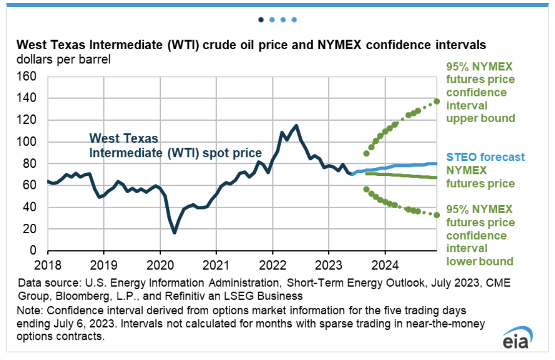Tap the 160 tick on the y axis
pos(27,77)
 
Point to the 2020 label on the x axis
pos(160,264)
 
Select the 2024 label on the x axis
pos(385,264)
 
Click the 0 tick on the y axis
pos(33,250)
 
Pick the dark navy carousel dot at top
pos(261,20)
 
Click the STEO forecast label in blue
pos(486,157)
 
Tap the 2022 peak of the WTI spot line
pos(296,126)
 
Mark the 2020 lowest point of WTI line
pos(174,232)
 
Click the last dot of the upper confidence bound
pos(437,101)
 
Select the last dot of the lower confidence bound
pos(437,215)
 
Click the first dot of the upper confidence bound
pos(366,153)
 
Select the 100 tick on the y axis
pos(27,142)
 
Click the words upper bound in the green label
pos(481,119)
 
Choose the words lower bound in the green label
pos(480,261)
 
